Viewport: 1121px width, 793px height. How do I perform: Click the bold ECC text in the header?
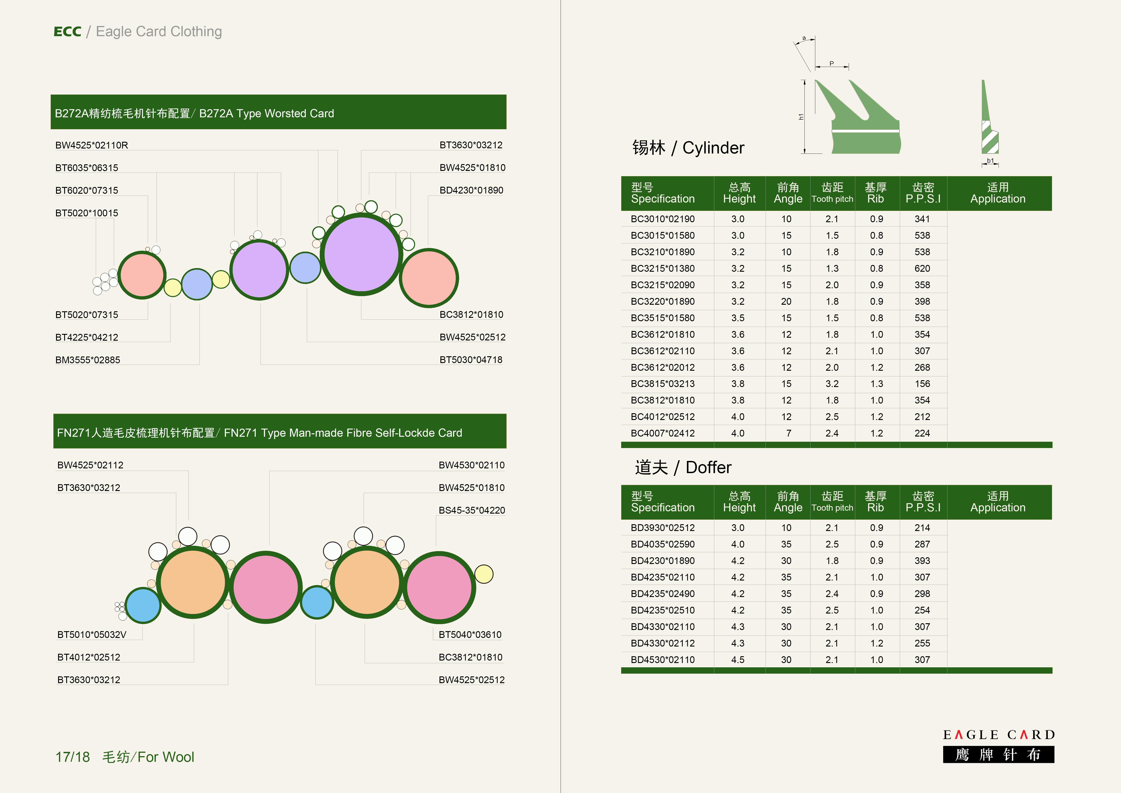coord(67,32)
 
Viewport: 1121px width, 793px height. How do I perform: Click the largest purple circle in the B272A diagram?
coord(361,254)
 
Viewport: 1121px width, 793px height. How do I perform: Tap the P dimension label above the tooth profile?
coord(832,64)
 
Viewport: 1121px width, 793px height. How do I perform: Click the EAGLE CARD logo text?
coord(999,735)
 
